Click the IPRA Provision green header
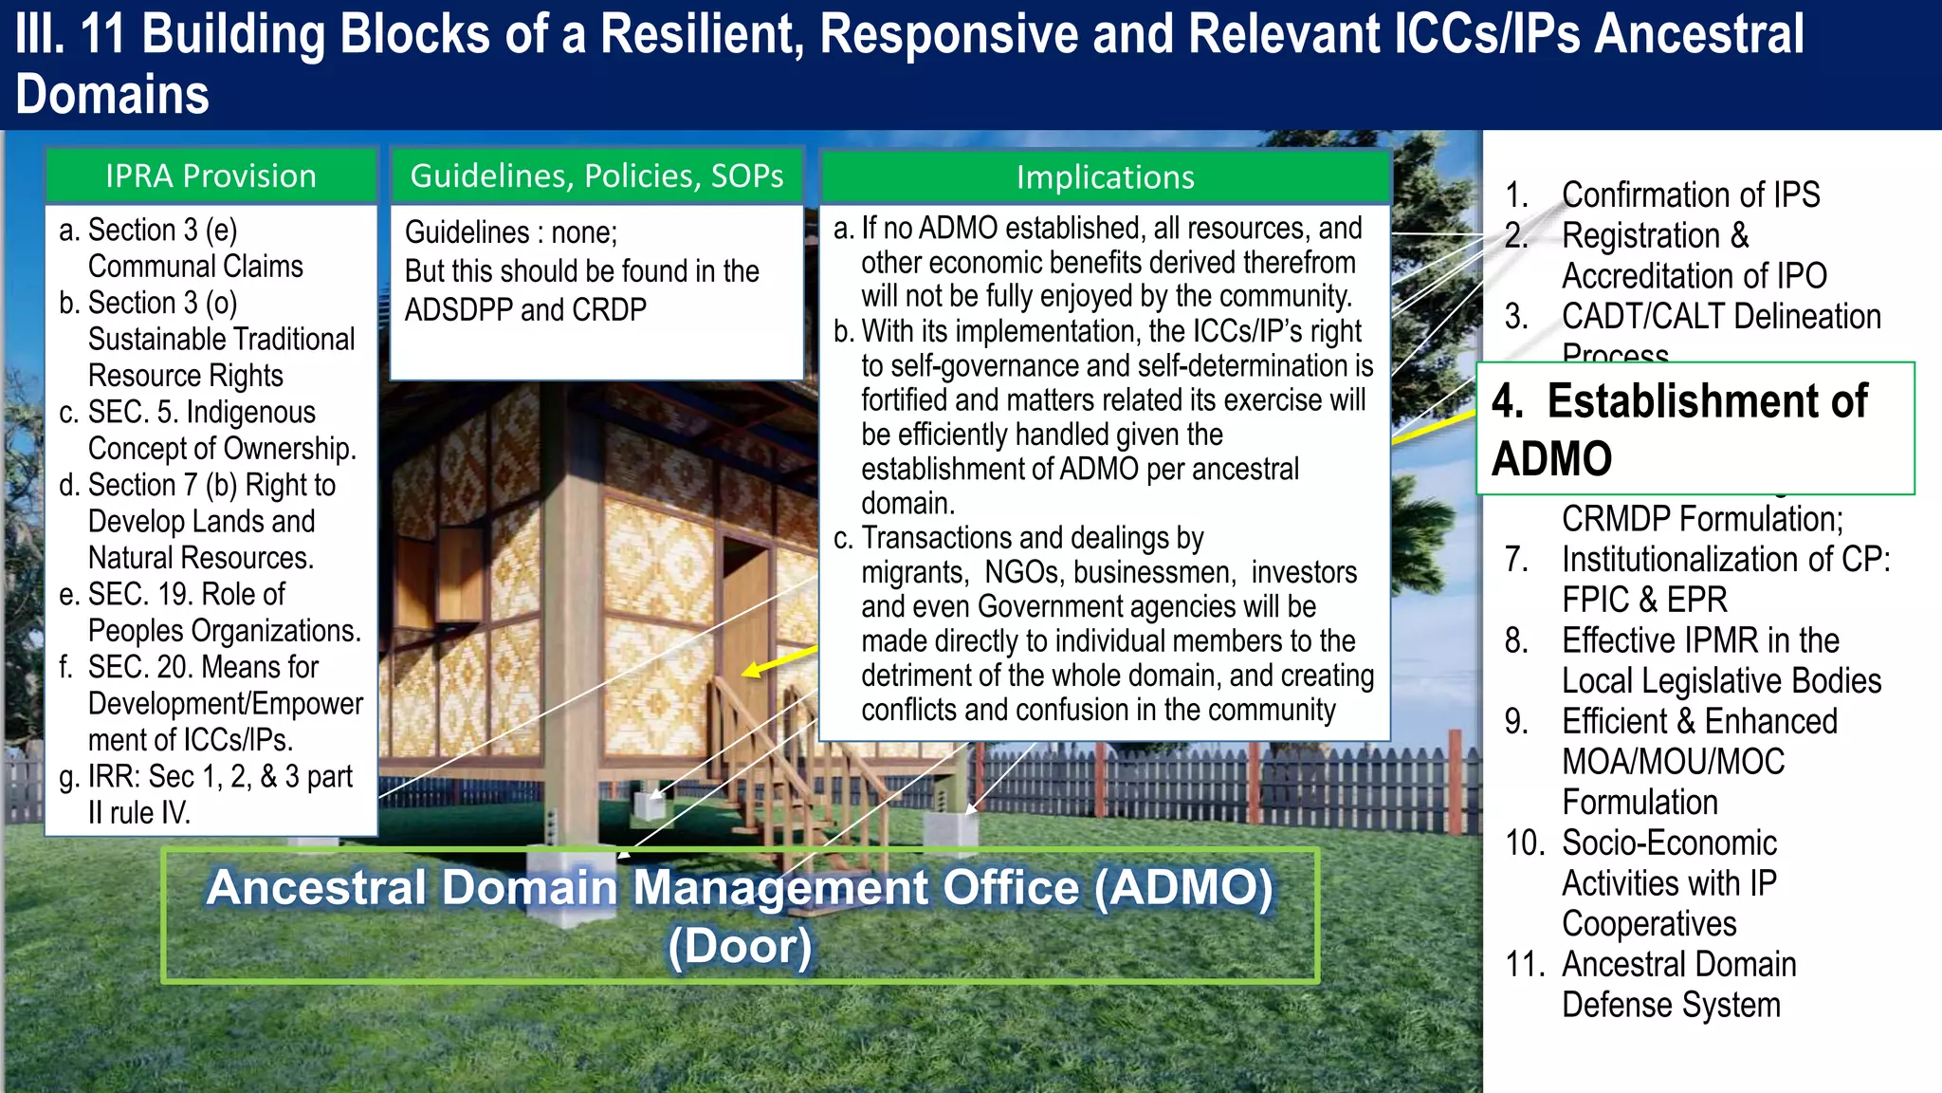pos(211,176)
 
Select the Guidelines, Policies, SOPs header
pos(596,176)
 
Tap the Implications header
pos(1105,177)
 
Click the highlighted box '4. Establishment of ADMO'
pos(1695,429)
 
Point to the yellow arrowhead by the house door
pos(752,670)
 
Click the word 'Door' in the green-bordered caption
pos(740,946)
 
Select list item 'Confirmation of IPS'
pos(1690,195)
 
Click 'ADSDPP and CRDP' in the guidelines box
pos(525,310)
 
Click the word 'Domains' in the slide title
pos(112,95)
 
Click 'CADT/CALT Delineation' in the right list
pos(1720,316)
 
